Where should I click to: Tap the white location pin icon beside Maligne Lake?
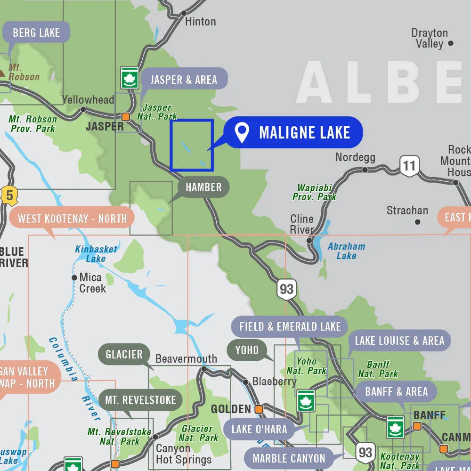(x=242, y=133)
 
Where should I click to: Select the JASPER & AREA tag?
(x=184, y=80)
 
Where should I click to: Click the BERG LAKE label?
(x=36, y=32)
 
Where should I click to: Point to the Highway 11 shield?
(x=409, y=166)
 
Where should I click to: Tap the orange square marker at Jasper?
(x=126, y=116)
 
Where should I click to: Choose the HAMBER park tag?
(x=203, y=187)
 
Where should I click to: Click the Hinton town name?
(x=200, y=22)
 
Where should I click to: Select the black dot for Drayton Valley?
(x=451, y=43)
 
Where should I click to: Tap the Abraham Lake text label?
(x=346, y=251)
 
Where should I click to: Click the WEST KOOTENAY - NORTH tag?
(x=72, y=219)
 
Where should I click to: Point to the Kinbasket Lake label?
(x=96, y=254)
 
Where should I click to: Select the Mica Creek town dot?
(x=74, y=278)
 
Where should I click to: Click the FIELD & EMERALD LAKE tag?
(x=290, y=327)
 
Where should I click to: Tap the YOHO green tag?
(x=247, y=349)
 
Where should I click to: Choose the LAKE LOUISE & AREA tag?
(x=399, y=341)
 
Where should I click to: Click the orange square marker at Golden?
(x=259, y=409)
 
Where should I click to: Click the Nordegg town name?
(x=355, y=157)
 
